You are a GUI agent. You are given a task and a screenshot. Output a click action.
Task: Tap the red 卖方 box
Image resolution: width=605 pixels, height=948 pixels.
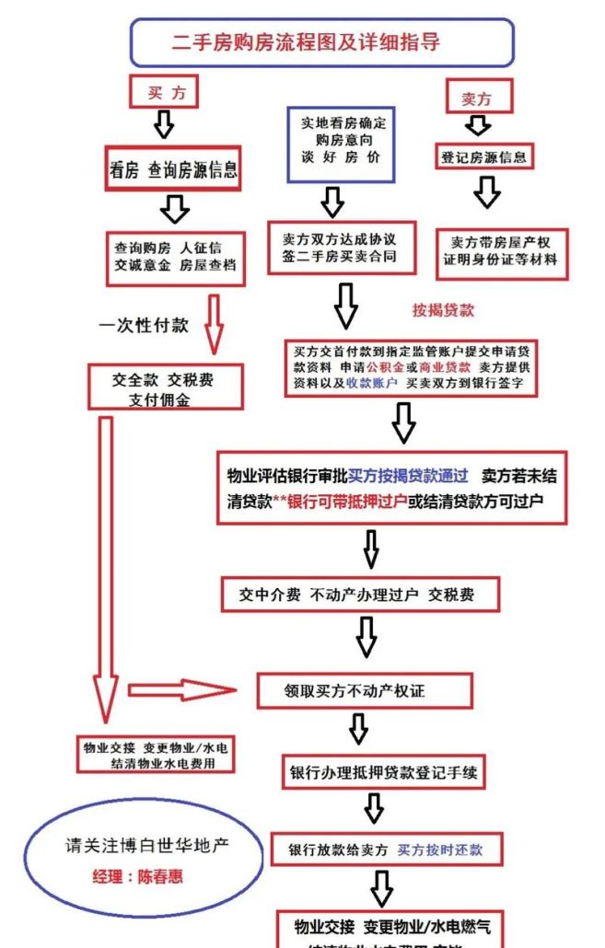(476, 98)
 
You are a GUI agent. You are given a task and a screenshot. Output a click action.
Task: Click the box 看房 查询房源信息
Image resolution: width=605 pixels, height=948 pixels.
(174, 169)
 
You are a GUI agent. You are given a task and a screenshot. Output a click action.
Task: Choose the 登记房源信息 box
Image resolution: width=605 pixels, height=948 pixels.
(483, 156)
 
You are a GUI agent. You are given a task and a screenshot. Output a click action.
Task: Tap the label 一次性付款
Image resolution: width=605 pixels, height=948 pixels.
(144, 325)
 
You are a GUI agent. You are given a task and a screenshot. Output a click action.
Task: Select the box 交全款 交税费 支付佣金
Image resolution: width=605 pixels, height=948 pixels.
(165, 387)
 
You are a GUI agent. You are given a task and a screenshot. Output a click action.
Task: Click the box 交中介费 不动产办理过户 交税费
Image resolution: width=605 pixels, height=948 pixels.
(360, 595)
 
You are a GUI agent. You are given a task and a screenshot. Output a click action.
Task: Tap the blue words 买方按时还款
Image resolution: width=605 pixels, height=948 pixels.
(439, 850)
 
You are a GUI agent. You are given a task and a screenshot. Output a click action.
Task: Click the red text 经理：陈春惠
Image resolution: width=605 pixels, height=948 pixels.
(137, 876)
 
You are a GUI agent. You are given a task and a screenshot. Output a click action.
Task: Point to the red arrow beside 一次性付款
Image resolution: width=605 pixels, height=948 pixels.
(214, 324)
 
